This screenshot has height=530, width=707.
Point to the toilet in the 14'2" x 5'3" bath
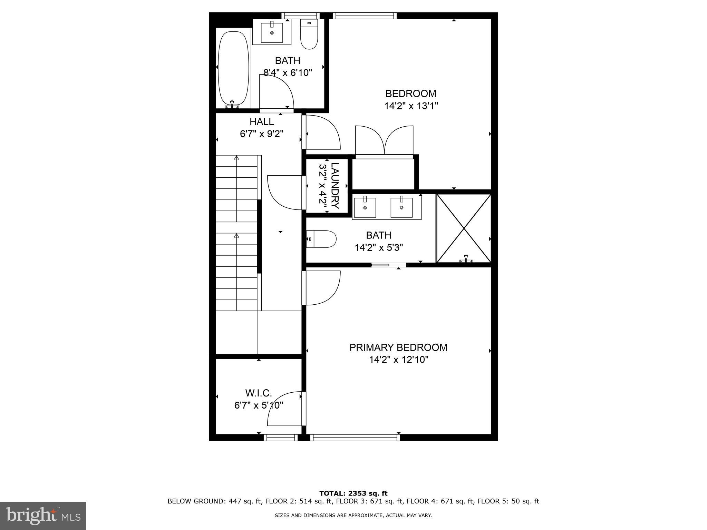click(321, 239)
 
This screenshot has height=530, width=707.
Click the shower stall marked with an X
click(464, 228)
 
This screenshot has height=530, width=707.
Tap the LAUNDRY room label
click(335, 185)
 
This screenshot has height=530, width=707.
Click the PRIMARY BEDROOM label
click(398, 347)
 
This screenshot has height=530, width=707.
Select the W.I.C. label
click(259, 393)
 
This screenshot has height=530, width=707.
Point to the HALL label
click(262, 122)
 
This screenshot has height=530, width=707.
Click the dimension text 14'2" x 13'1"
click(411, 106)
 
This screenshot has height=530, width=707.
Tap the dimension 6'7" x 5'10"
click(259, 405)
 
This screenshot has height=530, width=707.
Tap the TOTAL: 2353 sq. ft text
click(353, 493)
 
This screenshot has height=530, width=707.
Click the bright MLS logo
click(43, 516)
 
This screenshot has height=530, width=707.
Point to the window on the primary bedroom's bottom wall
click(355, 438)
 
